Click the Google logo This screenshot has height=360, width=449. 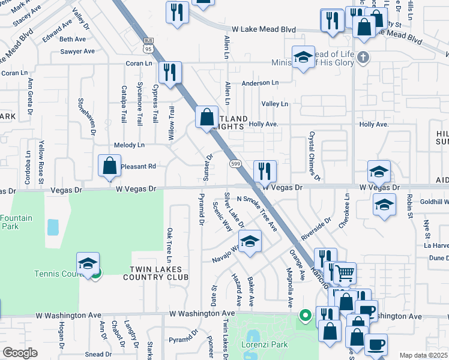(20, 352)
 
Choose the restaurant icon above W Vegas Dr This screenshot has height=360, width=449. (264, 171)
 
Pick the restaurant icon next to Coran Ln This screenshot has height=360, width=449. (169, 73)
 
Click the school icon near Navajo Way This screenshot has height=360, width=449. (250, 242)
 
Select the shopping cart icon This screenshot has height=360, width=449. (345, 274)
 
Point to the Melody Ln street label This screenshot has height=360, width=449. (129, 145)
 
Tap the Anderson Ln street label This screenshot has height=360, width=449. (260, 83)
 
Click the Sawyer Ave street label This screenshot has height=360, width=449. (77, 52)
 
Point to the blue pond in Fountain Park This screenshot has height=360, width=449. (53, 227)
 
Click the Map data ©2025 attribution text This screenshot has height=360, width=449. (423, 355)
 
